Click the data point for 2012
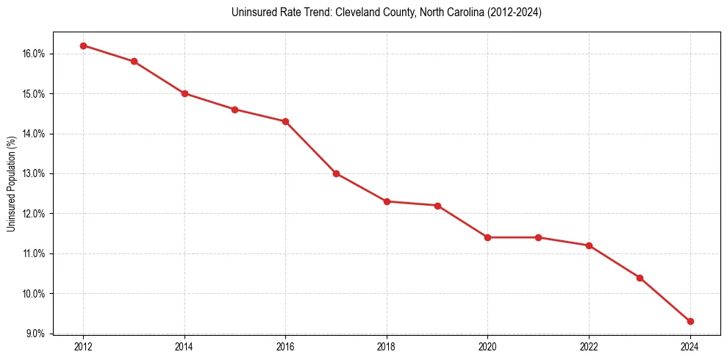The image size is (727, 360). point(83,46)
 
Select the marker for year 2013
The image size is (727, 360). point(134,62)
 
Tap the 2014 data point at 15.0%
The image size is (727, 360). point(185,93)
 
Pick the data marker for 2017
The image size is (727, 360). point(336,173)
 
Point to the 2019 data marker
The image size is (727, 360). point(437,206)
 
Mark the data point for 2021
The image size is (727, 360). point(538,237)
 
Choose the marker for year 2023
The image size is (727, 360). point(640,278)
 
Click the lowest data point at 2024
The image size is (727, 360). point(690,321)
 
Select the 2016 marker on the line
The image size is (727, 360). point(285,121)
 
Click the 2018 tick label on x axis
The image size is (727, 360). point(387,346)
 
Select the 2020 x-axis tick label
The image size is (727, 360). point(487,346)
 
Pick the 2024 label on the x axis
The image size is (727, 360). point(690,346)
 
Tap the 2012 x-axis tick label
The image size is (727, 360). point(83,346)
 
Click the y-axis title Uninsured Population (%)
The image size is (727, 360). point(11,184)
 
